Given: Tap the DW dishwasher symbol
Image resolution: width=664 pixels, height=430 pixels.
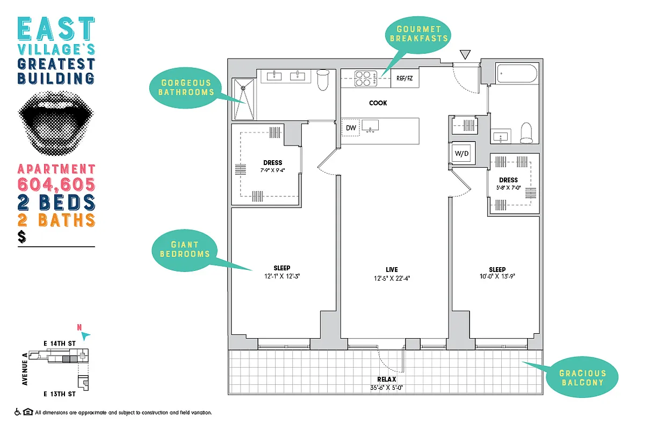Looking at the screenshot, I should point(351,128).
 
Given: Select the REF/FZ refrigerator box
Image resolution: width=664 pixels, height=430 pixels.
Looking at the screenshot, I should point(405,78).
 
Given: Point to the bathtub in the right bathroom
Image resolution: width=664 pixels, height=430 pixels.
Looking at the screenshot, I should point(516,74).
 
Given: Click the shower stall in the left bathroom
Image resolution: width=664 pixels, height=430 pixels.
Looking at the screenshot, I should point(244,99).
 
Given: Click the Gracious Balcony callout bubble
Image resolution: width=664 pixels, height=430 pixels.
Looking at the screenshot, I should point(582,378).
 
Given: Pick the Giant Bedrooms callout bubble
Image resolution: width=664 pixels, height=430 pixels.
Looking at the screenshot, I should point(185,249).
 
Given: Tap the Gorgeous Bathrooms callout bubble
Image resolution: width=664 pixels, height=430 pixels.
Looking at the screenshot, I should point(185,88).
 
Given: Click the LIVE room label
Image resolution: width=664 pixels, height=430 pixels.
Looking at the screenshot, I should point(392,269).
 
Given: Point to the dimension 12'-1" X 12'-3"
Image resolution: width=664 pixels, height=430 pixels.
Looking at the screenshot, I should point(282,277).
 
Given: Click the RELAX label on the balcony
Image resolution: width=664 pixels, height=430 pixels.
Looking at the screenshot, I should point(386,379).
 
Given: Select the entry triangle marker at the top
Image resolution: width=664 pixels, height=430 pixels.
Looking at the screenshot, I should point(465,54).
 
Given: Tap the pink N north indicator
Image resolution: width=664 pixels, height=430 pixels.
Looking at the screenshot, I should point(80,327).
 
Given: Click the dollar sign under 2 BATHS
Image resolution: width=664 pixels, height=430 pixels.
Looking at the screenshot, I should point(21,236).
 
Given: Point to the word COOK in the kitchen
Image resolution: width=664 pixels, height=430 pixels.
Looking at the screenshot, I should point(378,103).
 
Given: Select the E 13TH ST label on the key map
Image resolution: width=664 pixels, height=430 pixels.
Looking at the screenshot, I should point(60,395).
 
